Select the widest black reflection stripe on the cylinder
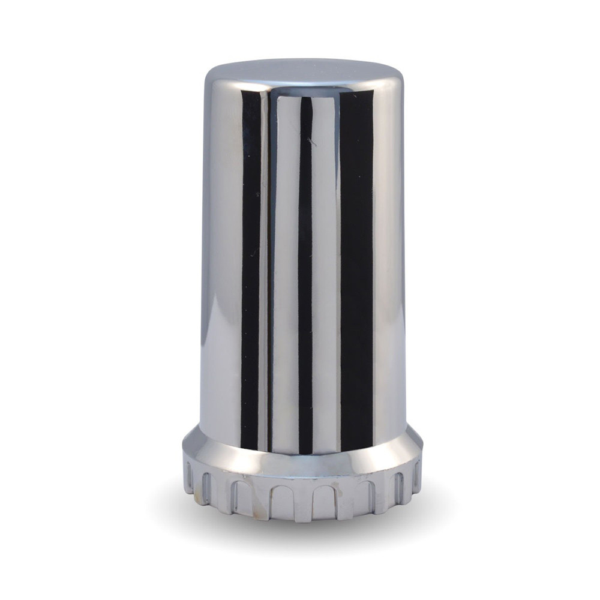click(x=356, y=270)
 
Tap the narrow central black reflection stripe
click(x=305, y=270)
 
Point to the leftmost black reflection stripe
click(x=250, y=270)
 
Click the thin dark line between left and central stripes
click(x=268, y=270)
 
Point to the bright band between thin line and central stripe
click(x=286, y=270)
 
